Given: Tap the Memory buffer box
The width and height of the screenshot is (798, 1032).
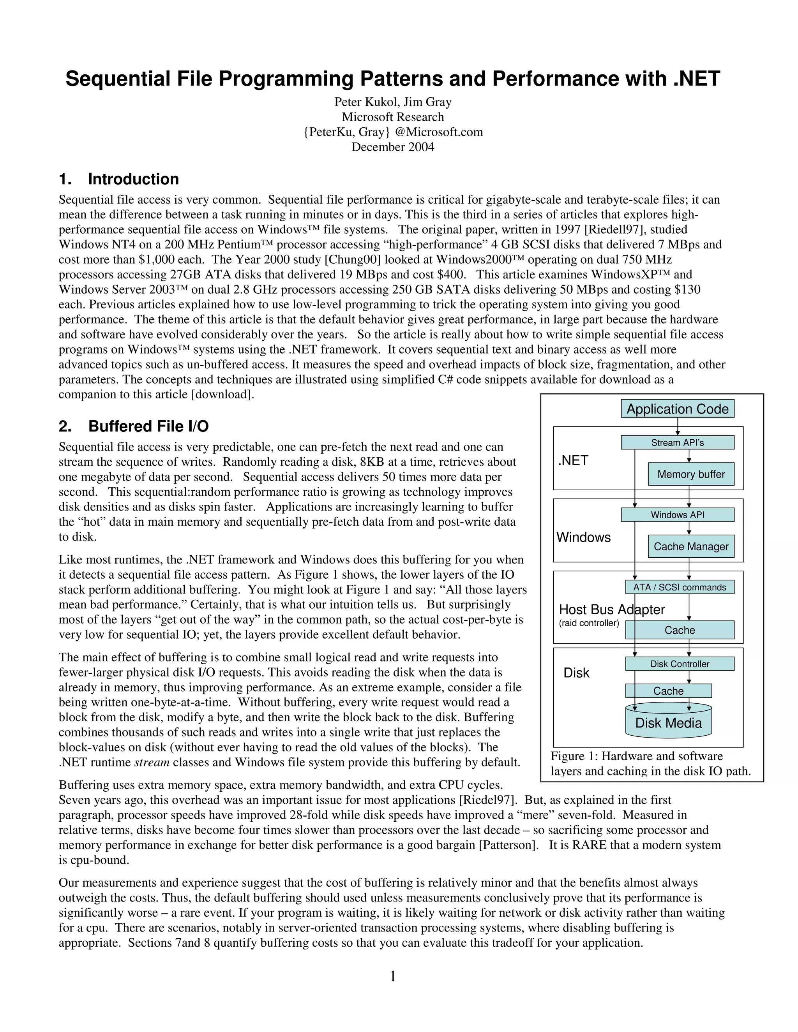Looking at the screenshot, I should point(691,474).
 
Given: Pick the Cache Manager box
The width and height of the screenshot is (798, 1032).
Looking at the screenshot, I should point(691,546).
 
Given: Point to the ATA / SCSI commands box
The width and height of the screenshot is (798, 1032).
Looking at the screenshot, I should point(679,587).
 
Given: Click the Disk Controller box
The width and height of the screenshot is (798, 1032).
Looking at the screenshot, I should point(679,664).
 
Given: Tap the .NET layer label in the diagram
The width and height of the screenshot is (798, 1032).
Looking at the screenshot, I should point(573,460).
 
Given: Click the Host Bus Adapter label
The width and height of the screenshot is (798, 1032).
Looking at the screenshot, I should point(611,609).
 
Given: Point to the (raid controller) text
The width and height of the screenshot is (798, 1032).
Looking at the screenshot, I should point(589,623).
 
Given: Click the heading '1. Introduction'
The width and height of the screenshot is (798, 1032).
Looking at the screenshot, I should point(119,179).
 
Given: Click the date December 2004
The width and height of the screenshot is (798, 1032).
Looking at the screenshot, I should point(392,147).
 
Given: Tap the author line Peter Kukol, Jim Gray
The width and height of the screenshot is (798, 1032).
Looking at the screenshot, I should point(392,102).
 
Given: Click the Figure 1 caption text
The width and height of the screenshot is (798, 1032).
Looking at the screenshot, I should point(650,764).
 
